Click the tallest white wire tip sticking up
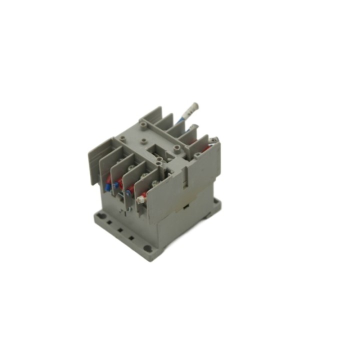(194, 106)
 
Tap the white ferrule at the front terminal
(141, 199)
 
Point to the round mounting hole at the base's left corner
(99, 215)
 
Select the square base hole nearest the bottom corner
(131, 238)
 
